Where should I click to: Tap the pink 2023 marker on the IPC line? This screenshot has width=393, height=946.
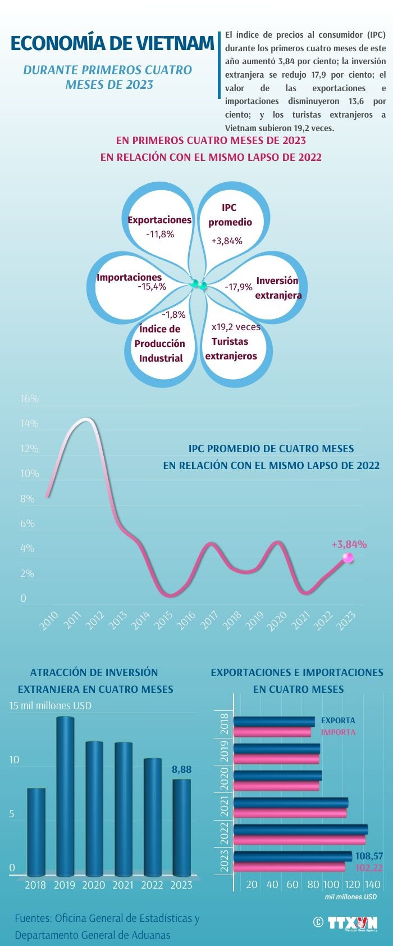click(x=348, y=557)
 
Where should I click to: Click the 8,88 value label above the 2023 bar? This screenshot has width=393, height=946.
click(x=181, y=769)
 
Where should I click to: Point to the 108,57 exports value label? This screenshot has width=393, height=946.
click(x=369, y=856)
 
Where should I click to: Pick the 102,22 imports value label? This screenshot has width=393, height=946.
click(x=369, y=868)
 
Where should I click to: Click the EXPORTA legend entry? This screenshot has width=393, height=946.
click(x=338, y=720)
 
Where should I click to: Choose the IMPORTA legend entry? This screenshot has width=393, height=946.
click(x=338, y=732)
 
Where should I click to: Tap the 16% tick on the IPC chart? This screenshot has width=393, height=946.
click(x=29, y=399)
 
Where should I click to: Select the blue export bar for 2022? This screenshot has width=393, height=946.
click(x=300, y=829)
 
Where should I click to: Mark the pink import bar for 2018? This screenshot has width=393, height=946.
click(x=272, y=732)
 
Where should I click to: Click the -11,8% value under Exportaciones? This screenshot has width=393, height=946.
click(x=160, y=234)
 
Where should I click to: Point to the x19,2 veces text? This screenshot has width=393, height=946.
click(x=236, y=327)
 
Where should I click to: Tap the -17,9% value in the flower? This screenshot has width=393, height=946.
click(x=239, y=287)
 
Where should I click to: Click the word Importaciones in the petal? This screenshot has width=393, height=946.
click(x=129, y=277)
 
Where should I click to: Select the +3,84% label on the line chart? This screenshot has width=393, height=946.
click(x=349, y=544)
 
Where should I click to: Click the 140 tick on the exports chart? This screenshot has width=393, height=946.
click(x=373, y=885)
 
